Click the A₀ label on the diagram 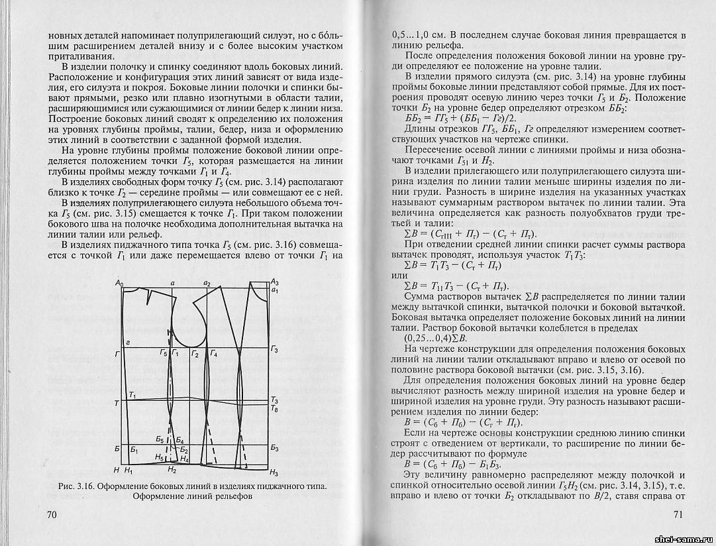click(119, 284)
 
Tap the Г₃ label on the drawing click(274, 349)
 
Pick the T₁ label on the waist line click(132, 395)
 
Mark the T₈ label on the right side click(274, 409)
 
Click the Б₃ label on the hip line click(274, 449)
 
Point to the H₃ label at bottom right click(274, 472)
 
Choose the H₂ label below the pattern click(172, 470)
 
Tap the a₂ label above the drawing click(207, 284)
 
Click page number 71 click(678, 515)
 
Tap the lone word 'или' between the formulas click(401, 275)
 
